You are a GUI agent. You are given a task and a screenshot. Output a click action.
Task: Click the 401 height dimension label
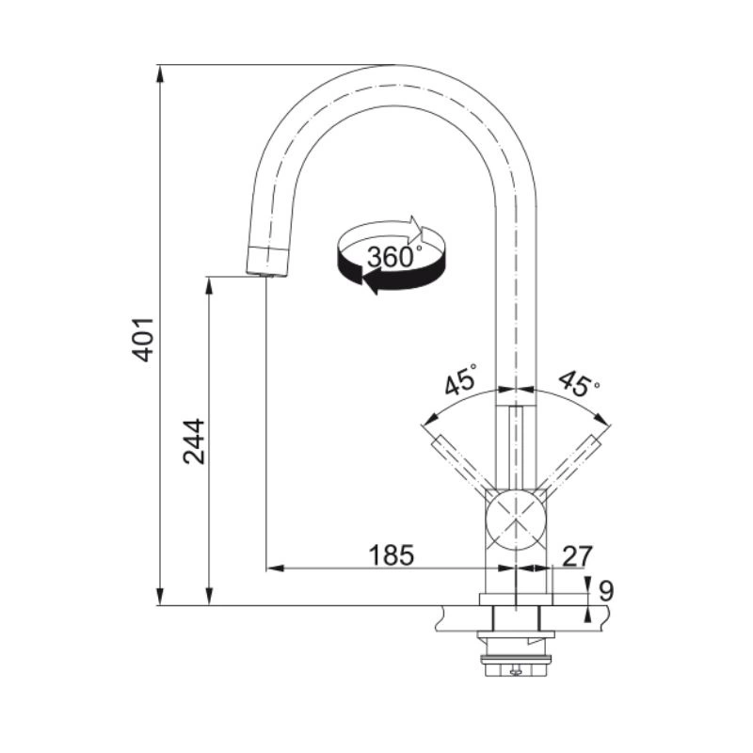click(x=143, y=339)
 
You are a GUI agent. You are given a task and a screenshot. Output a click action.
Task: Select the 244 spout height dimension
click(x=194, y=441)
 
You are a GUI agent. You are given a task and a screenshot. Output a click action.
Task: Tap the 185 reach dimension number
click(x=391, y=555)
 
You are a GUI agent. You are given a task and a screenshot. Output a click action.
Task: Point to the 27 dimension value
click(x=577, y=556)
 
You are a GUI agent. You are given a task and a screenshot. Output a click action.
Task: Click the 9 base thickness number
click(x=606, y=591)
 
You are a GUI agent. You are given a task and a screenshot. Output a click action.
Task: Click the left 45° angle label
click(x=460, y=379)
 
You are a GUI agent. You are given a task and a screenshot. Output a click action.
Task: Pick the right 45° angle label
click(x=579, y=383)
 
